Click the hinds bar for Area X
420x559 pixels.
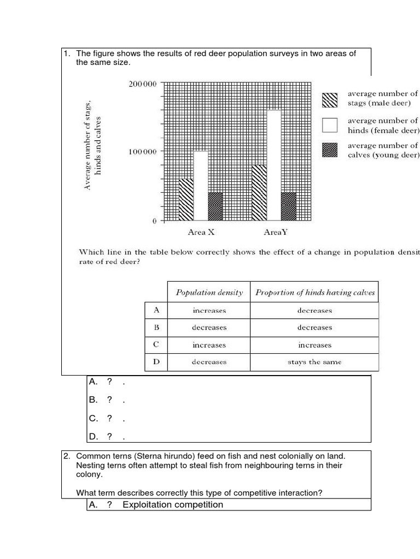(x=201, y=186)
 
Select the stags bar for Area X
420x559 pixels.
(x=186, y=199)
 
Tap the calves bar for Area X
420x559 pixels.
(x=215, y=206)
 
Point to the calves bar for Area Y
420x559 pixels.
(x=288, y=206)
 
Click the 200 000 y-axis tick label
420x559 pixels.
(x=142, y=84)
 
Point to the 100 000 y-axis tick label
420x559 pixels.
(x=142, y=152)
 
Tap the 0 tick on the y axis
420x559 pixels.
(x=154, y=221)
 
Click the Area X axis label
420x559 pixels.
(x=201, y=233)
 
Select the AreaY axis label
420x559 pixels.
(x=275, y=233)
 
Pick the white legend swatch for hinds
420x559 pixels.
(x=330, y=125)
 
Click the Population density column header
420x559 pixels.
(x=209, y=293)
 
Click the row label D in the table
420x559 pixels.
(x=156, y=362)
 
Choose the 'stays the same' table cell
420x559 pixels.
(x=314, y=362)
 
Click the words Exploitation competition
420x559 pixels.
(x=173, y=504)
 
